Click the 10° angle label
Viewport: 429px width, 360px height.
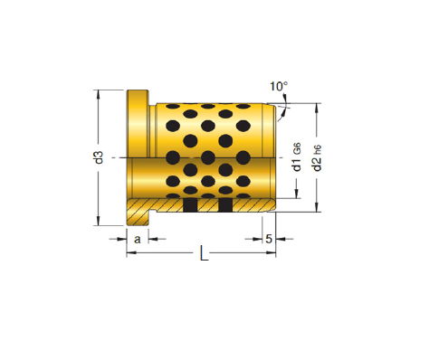pyautogui.click(x=279, y=86)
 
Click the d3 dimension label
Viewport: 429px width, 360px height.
pyautogui.click(x=99, y=157)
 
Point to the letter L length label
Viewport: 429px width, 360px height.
pyautogui.click(x=205, y=253)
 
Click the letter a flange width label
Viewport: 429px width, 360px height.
pyautogui.click(x=138, y=240)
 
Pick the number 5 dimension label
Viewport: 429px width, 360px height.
pyautogui.click(x=269, y=239)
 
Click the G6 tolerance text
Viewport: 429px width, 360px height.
pyautogui.click(x=297, y=149)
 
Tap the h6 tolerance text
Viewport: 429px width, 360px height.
pyautogui.click(x=318, y=150)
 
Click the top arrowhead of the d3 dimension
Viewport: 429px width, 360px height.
pyautogui.click(x=98, y=94)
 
